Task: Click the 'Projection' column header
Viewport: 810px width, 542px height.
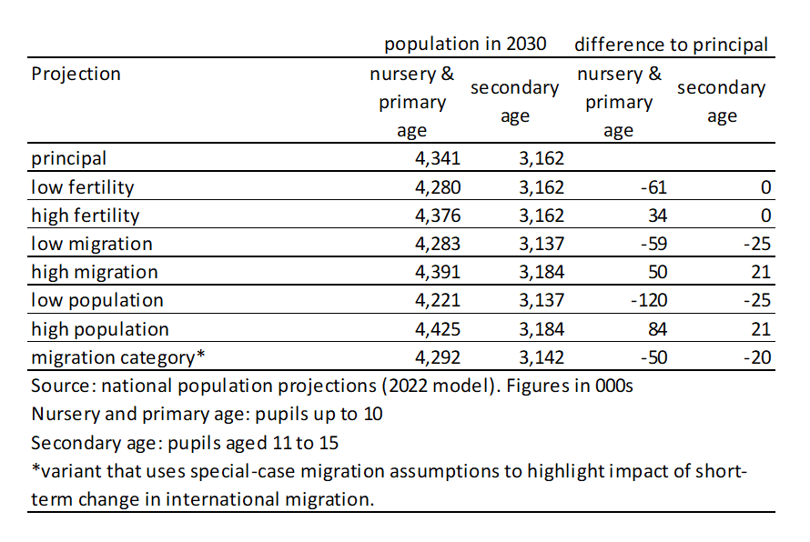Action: pos(76,74)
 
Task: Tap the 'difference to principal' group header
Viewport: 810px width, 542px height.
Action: pos(671,44)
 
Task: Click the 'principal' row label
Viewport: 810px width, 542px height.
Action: pos(69,158)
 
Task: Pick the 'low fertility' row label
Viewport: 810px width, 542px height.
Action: pos(83,187)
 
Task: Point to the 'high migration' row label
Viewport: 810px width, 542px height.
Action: pos(95,272)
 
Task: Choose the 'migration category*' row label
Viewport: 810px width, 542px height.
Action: pos(116,356)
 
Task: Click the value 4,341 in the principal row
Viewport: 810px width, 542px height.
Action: pos(439,158)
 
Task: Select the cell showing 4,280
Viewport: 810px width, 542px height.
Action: pos(439,187)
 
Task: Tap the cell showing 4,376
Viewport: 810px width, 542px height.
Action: pos(439,216)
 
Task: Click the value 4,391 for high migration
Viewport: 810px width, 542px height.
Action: pos(439,272)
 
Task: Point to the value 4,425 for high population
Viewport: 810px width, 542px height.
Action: pos(439,328)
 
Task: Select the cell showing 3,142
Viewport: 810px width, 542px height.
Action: pos(542,356)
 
